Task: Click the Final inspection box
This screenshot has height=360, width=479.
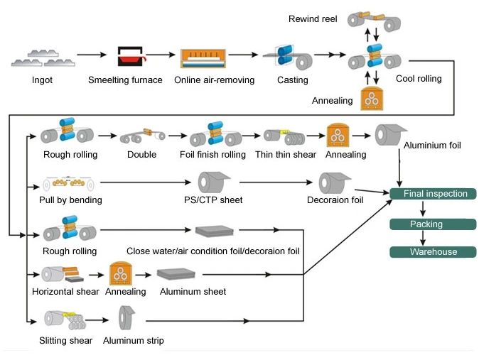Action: (x=433, y=194)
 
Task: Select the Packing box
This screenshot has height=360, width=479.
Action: (x=433, y=224)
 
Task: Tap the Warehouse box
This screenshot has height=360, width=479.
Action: (x=433, y=252)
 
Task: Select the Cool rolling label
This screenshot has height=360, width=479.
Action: (x=419, y=79)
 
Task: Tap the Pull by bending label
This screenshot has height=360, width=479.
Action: (x=70, y=200)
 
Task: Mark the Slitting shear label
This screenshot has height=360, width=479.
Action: (x=66, y=341)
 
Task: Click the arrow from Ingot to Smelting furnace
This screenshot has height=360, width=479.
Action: (x=90, y=55)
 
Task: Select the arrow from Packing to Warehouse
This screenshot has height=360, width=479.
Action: (x=424, y=239)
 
